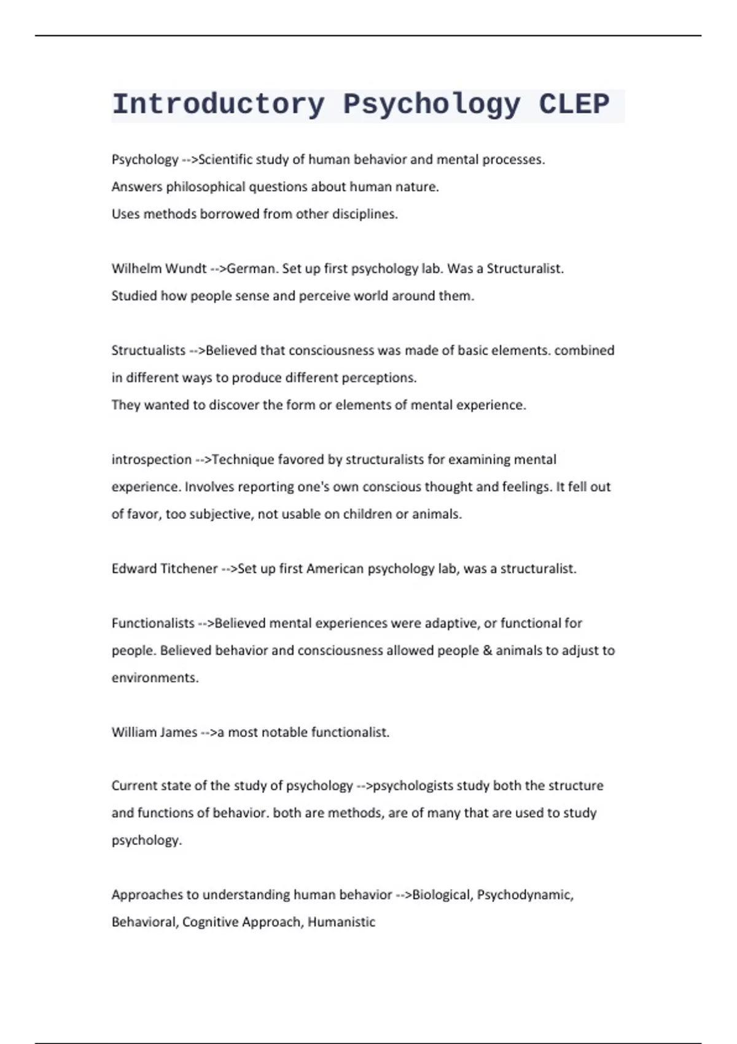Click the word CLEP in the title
pos(574,104)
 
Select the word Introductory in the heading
pos(218,104)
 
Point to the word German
pos(252,268)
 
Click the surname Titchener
pos(189,569)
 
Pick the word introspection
pos(151,459)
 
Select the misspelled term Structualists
pos(148,350)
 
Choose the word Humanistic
pos(341,922)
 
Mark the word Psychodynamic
pos(524,895)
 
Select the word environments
pos(155,678)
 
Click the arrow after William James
pos(209,732)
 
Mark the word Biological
pos(442,895)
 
